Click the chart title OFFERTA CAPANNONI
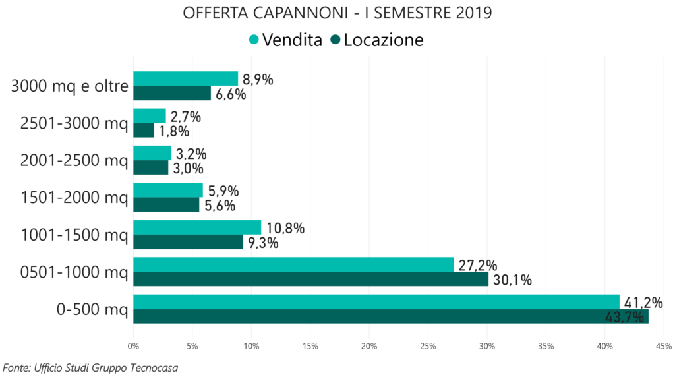pyautogui.click(x=337, y=13)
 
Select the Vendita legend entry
pyautogui.click(x=285, y=40)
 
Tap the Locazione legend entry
pyautogui.click(x=377, y=40)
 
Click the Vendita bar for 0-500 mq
pyautogui.click(x=376, y=302)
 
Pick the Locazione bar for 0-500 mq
pyautogui.click(x=390, y=316)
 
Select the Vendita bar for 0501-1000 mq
pyautogui.click(x=293, y=264)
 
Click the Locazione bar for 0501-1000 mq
pyautogui.click(x=310, y=280)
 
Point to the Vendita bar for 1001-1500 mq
pyautogui.click(x=197, y=227)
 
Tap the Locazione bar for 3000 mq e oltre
pyautogui.click(x=172, y=94)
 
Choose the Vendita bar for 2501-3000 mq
pyautogui.click(x=150, y=116)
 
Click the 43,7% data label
pyautogui.click(x=624, y=318)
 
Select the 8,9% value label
pyautogui.click(x=258, y=80)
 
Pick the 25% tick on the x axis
pyautogui.click(x=428, y=345)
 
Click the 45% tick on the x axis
pyautogui.click(x=664, y=345)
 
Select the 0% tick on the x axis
pyautogui.click(x=133, y=345)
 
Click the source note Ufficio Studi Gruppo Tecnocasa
pyautogui.click(x=90, y=367)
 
